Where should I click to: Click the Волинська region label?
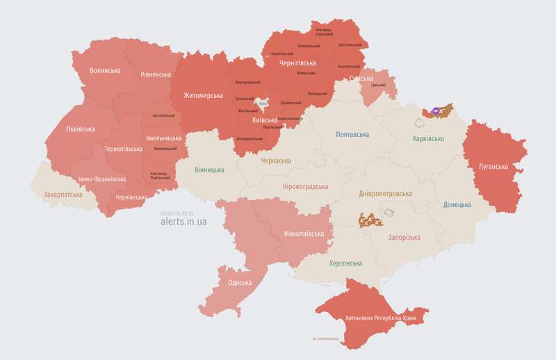coord(105,71)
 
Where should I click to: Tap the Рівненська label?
coord(156,74)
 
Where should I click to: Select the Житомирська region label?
coord(203,95)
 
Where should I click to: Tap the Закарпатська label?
coord(63,195)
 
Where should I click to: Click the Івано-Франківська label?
coord(102,179)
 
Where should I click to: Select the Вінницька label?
coord(209,170)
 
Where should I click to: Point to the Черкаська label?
coord(276,161)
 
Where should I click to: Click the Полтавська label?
coord(352,134)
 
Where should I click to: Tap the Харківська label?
coord(428,139)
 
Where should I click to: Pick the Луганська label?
coord(493,167)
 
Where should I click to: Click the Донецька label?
coord(457,205)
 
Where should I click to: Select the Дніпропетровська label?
coord(385,194)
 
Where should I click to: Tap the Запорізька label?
coord(404,238)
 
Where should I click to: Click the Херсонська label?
coord(345,263)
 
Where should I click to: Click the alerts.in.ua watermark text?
coord(183,221)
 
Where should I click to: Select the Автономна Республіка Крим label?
coord(385,319)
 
